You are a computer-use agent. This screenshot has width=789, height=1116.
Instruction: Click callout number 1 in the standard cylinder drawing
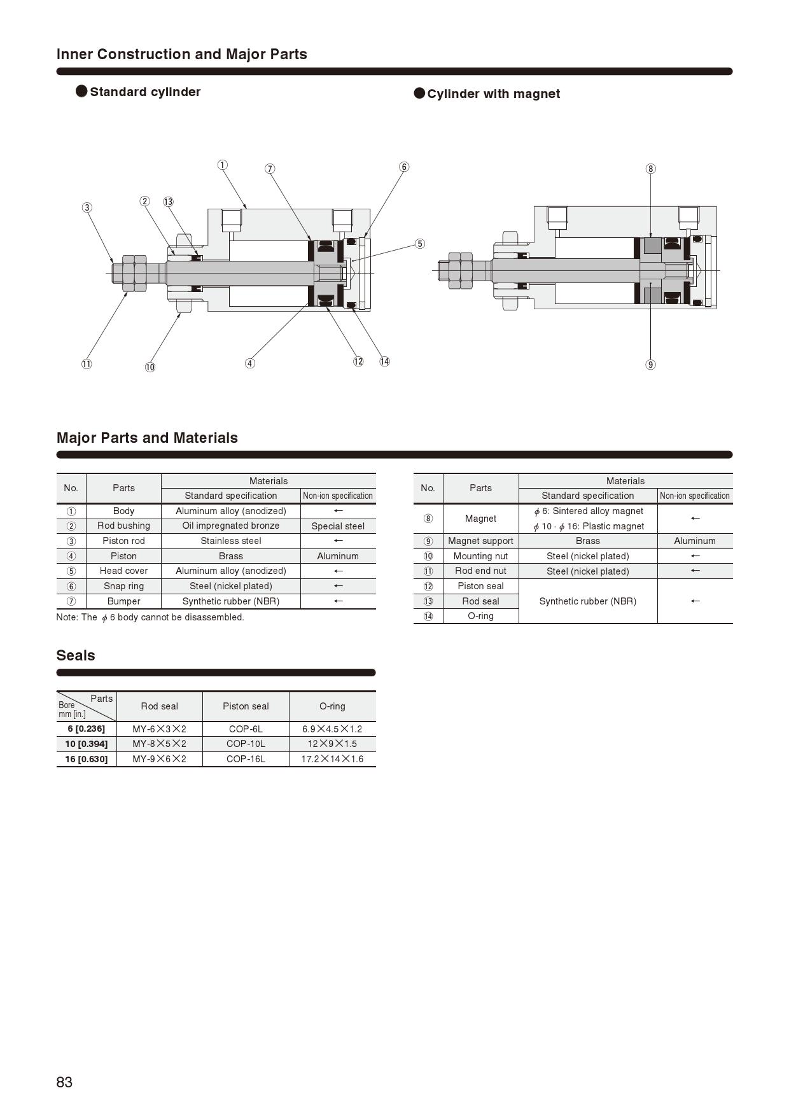click(222, 165)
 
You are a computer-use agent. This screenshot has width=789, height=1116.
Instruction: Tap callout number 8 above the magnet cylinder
click(650, 169)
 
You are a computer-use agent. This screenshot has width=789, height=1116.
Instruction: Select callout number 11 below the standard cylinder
click(87, 365)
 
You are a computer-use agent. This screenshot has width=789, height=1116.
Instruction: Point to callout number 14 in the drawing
click(384, 361)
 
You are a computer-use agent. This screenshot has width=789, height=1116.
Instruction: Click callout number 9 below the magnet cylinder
click(650, 365)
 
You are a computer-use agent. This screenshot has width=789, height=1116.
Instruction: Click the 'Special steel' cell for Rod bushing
click(338, 526)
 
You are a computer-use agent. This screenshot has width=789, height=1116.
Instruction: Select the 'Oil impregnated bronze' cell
click(230, 526)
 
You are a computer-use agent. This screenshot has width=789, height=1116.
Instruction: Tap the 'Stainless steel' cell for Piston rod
click(230, 541)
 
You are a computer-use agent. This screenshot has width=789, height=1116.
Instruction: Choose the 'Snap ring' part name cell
click(123, 586)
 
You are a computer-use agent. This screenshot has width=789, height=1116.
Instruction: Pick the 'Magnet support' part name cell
click(480, 541)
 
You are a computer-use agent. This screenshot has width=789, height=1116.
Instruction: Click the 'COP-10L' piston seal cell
click(246, 744)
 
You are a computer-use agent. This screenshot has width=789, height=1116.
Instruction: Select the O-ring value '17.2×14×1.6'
click(332, 759)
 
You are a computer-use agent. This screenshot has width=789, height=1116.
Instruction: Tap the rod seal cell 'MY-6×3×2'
click(159, 729)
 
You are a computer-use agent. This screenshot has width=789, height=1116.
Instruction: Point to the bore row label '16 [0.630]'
click(87, 759)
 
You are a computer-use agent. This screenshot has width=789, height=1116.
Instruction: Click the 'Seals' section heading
click(76, 655)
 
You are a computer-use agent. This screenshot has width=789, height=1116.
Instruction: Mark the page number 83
click(64, 1082)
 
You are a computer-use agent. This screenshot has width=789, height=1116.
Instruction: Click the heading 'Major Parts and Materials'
click(147, 438)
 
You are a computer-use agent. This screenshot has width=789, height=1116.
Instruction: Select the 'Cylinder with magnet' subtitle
click(493, 94)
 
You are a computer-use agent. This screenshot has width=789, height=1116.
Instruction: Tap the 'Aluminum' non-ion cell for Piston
click(338, 556)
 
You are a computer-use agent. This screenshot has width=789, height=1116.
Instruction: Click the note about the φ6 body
click(150, 617)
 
